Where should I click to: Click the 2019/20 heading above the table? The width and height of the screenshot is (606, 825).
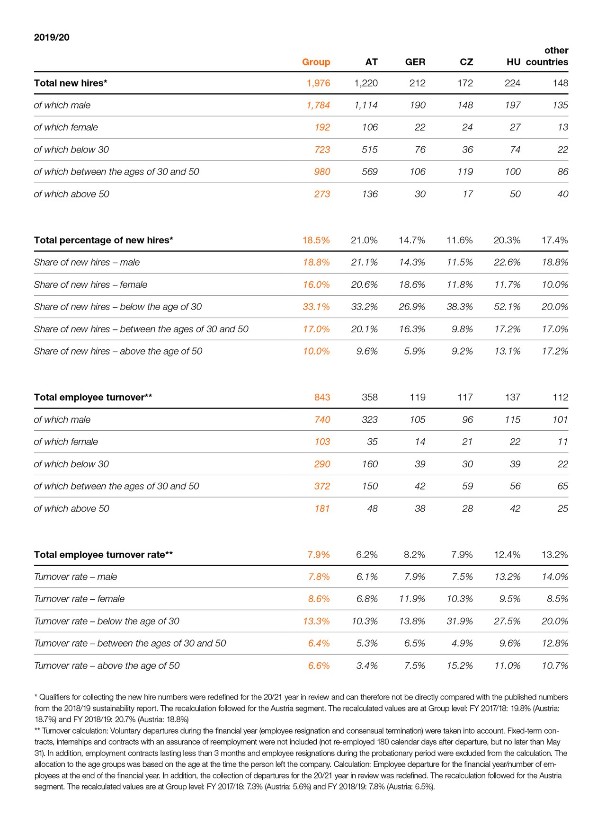(52, 37)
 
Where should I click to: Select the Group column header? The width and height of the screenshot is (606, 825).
(316, 62)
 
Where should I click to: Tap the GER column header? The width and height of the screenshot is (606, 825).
(415, 62)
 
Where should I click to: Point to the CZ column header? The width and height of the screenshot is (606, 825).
(466, 62)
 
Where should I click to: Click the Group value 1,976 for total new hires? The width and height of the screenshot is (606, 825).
(318, 83)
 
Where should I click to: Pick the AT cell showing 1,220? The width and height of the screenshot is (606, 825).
(366, 83)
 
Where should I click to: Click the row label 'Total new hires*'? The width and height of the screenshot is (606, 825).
(71, 83)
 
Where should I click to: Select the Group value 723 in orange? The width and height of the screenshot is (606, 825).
(322, 150)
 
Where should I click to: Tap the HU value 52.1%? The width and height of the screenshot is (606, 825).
(507, 307)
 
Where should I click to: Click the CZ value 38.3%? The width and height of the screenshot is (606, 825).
(459, 307)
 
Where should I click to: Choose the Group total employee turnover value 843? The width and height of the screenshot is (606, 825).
(322, 397)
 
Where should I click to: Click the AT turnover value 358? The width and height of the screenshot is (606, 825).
(370, 397)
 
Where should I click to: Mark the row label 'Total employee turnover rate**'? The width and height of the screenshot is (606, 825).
(103, 555)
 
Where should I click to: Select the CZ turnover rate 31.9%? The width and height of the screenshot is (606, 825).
(459, 621)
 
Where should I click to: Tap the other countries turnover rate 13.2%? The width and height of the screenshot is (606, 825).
(554, 555)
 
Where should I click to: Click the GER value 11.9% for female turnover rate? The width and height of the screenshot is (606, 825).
(412, 599)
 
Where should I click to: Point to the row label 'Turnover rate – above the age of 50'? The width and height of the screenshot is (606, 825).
(107, 665)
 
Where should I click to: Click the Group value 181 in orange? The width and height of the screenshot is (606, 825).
(322, 508)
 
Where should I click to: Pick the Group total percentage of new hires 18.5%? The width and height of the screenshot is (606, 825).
(316, 240)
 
